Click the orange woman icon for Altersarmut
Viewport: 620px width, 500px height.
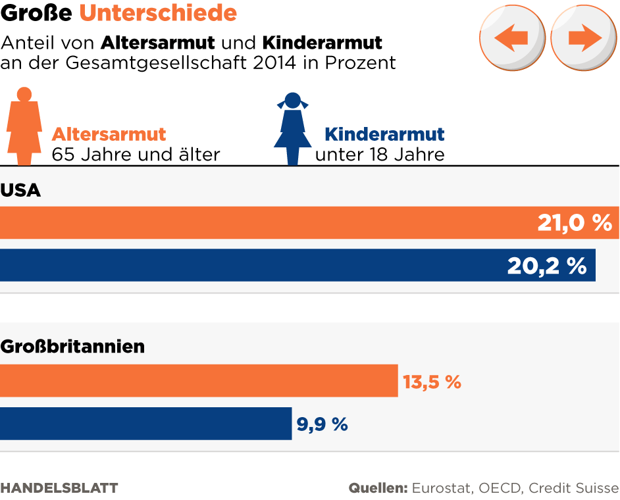coord(24,126)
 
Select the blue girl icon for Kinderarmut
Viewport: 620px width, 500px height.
coord(292,128)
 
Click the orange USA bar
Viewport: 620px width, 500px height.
coord(263,222)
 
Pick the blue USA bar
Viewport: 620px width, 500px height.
coord(250,265)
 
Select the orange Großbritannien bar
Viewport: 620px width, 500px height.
coord(197,380)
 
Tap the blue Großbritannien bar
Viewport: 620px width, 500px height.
coord(145,424)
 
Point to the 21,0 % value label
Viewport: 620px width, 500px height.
coord(575,223)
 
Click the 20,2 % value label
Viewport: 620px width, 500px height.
coord(546,266)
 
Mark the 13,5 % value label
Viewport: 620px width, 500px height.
coord(432,382)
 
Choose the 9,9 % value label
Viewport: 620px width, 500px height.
coord(322,424)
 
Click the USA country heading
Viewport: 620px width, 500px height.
coord(20,191)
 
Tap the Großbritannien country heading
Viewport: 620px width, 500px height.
coord(72,346)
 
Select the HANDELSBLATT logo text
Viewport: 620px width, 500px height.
coord(59,488)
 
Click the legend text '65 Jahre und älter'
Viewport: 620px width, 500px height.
coord(136,155)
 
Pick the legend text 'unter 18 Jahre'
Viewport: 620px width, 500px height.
coord(380,155)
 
